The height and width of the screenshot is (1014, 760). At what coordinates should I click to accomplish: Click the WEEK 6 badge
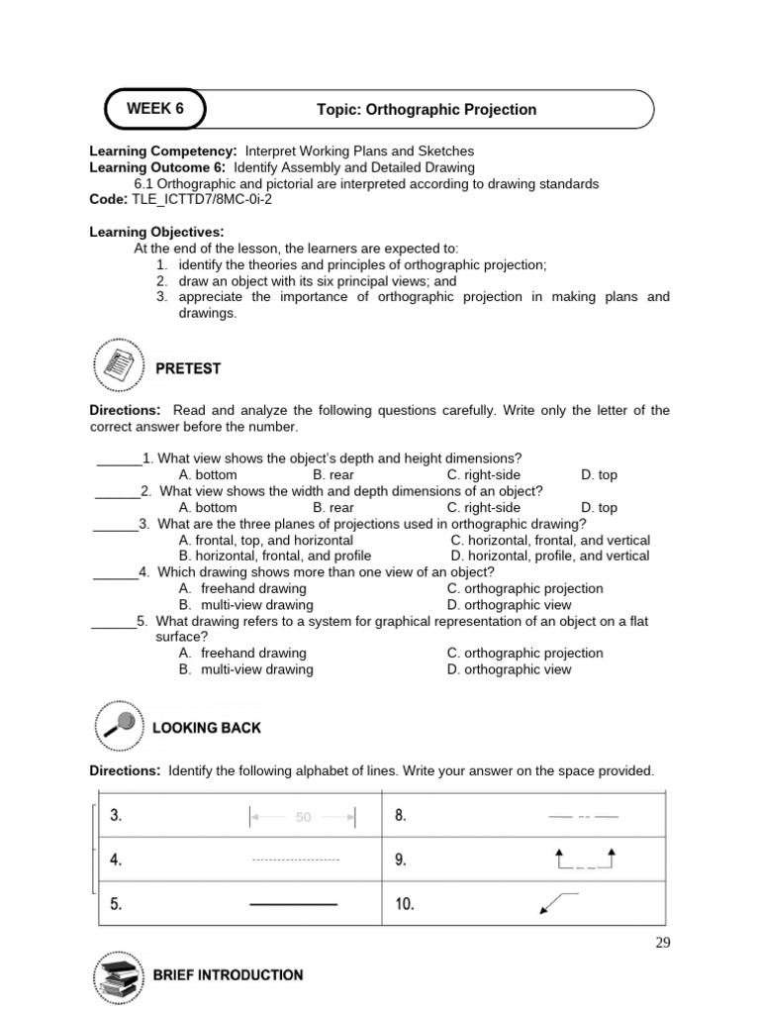155,109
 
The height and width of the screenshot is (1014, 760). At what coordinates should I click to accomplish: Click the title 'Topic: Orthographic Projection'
427,110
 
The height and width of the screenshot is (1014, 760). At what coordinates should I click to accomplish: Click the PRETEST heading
187,368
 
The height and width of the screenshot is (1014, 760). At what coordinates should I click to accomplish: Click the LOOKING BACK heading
206,728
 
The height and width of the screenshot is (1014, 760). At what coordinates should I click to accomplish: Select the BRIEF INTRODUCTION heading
228,975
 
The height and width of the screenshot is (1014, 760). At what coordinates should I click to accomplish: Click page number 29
662,943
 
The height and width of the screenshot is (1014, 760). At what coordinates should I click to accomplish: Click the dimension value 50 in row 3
303,818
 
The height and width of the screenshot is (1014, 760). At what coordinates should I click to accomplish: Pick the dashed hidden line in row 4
295,860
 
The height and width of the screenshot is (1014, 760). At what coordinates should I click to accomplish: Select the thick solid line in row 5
293,904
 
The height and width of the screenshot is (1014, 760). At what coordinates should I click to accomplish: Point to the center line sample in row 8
583,817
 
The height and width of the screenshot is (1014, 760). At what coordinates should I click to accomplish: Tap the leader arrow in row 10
557,901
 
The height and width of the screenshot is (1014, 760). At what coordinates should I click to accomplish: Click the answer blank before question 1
119,459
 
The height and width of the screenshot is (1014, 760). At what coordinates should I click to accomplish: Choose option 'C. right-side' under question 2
483,508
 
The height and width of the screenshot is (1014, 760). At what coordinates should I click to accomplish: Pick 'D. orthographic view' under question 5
509,669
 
